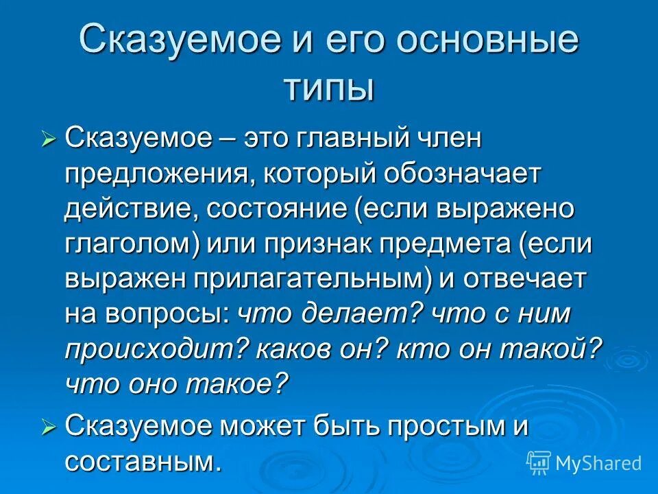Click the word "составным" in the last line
[143, 462]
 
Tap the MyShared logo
[583, 462]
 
